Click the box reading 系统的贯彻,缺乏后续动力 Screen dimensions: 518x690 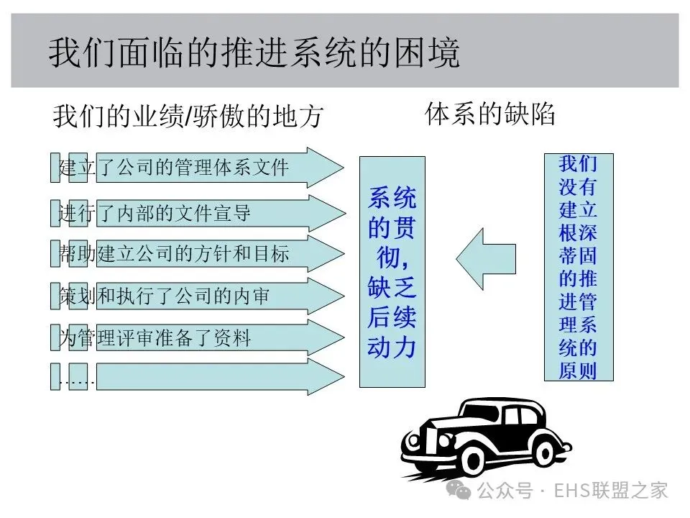[392, 271]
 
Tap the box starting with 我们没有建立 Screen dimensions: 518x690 [578, 267]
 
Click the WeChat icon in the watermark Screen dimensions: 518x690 [460, 490]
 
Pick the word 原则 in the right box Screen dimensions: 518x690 [578, 371]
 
